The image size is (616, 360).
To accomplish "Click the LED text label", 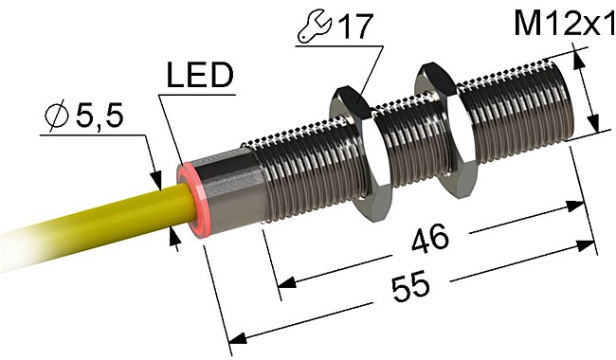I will coord(199,76).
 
